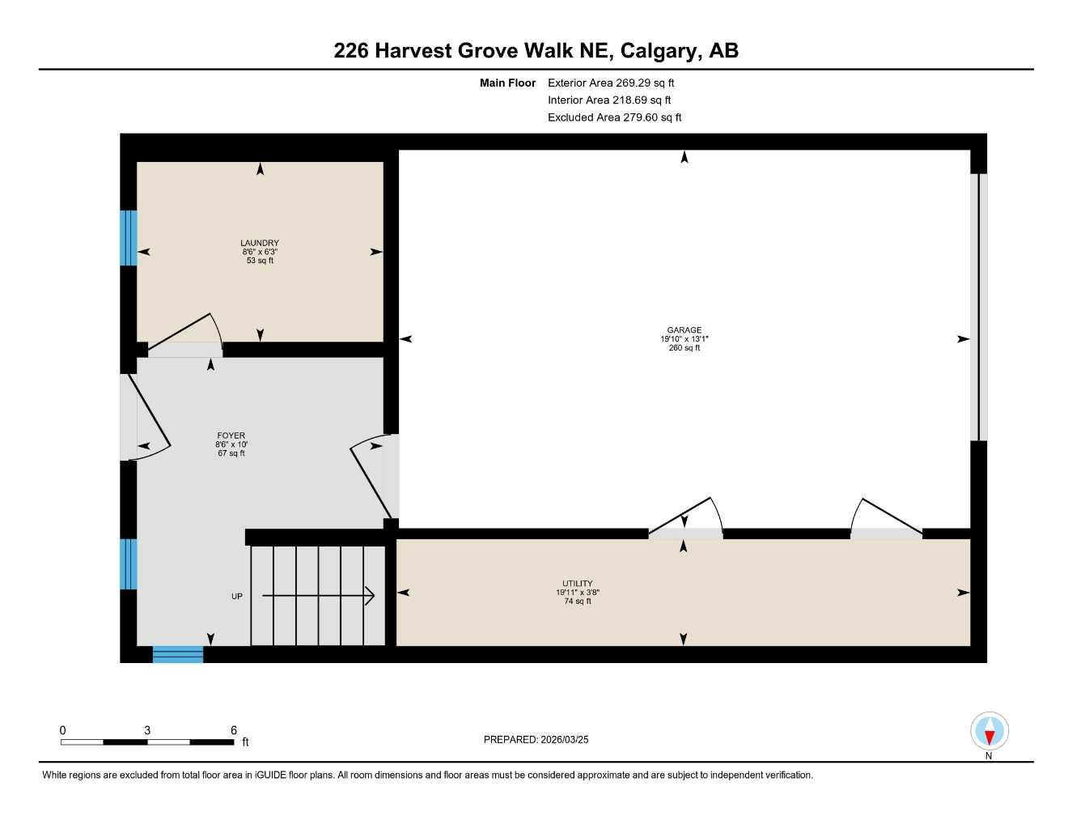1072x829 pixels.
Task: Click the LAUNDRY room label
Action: click(x=260, y=243)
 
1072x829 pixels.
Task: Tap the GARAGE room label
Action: click(x=684, y=330)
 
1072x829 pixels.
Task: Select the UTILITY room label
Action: click(x=578, y=584)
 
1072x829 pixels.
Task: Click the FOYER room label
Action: click(x=231, y=436)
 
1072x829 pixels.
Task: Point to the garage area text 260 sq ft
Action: click(x=684, y=348)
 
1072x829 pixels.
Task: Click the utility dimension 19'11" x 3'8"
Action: click(x=578, y=593)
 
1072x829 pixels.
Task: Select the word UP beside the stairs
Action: click(x=237, y=597)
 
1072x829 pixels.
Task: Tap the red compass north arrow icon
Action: click(x=989, y=732)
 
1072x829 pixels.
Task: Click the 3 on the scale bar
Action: click(x=147, y=730)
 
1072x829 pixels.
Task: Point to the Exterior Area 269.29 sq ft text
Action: click(x=611, y=83)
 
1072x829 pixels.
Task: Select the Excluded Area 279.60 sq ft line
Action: click(x=614, y=117)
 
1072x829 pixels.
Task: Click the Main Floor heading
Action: click(x=507, y=83)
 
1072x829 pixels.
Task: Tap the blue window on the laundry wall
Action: click(x=129, y=238)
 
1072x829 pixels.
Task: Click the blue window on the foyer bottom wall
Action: click(x=178, y=654)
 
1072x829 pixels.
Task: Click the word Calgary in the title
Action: click(x=661, y=51)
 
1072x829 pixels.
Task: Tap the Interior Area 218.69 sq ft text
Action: click(x=609, y=100)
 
